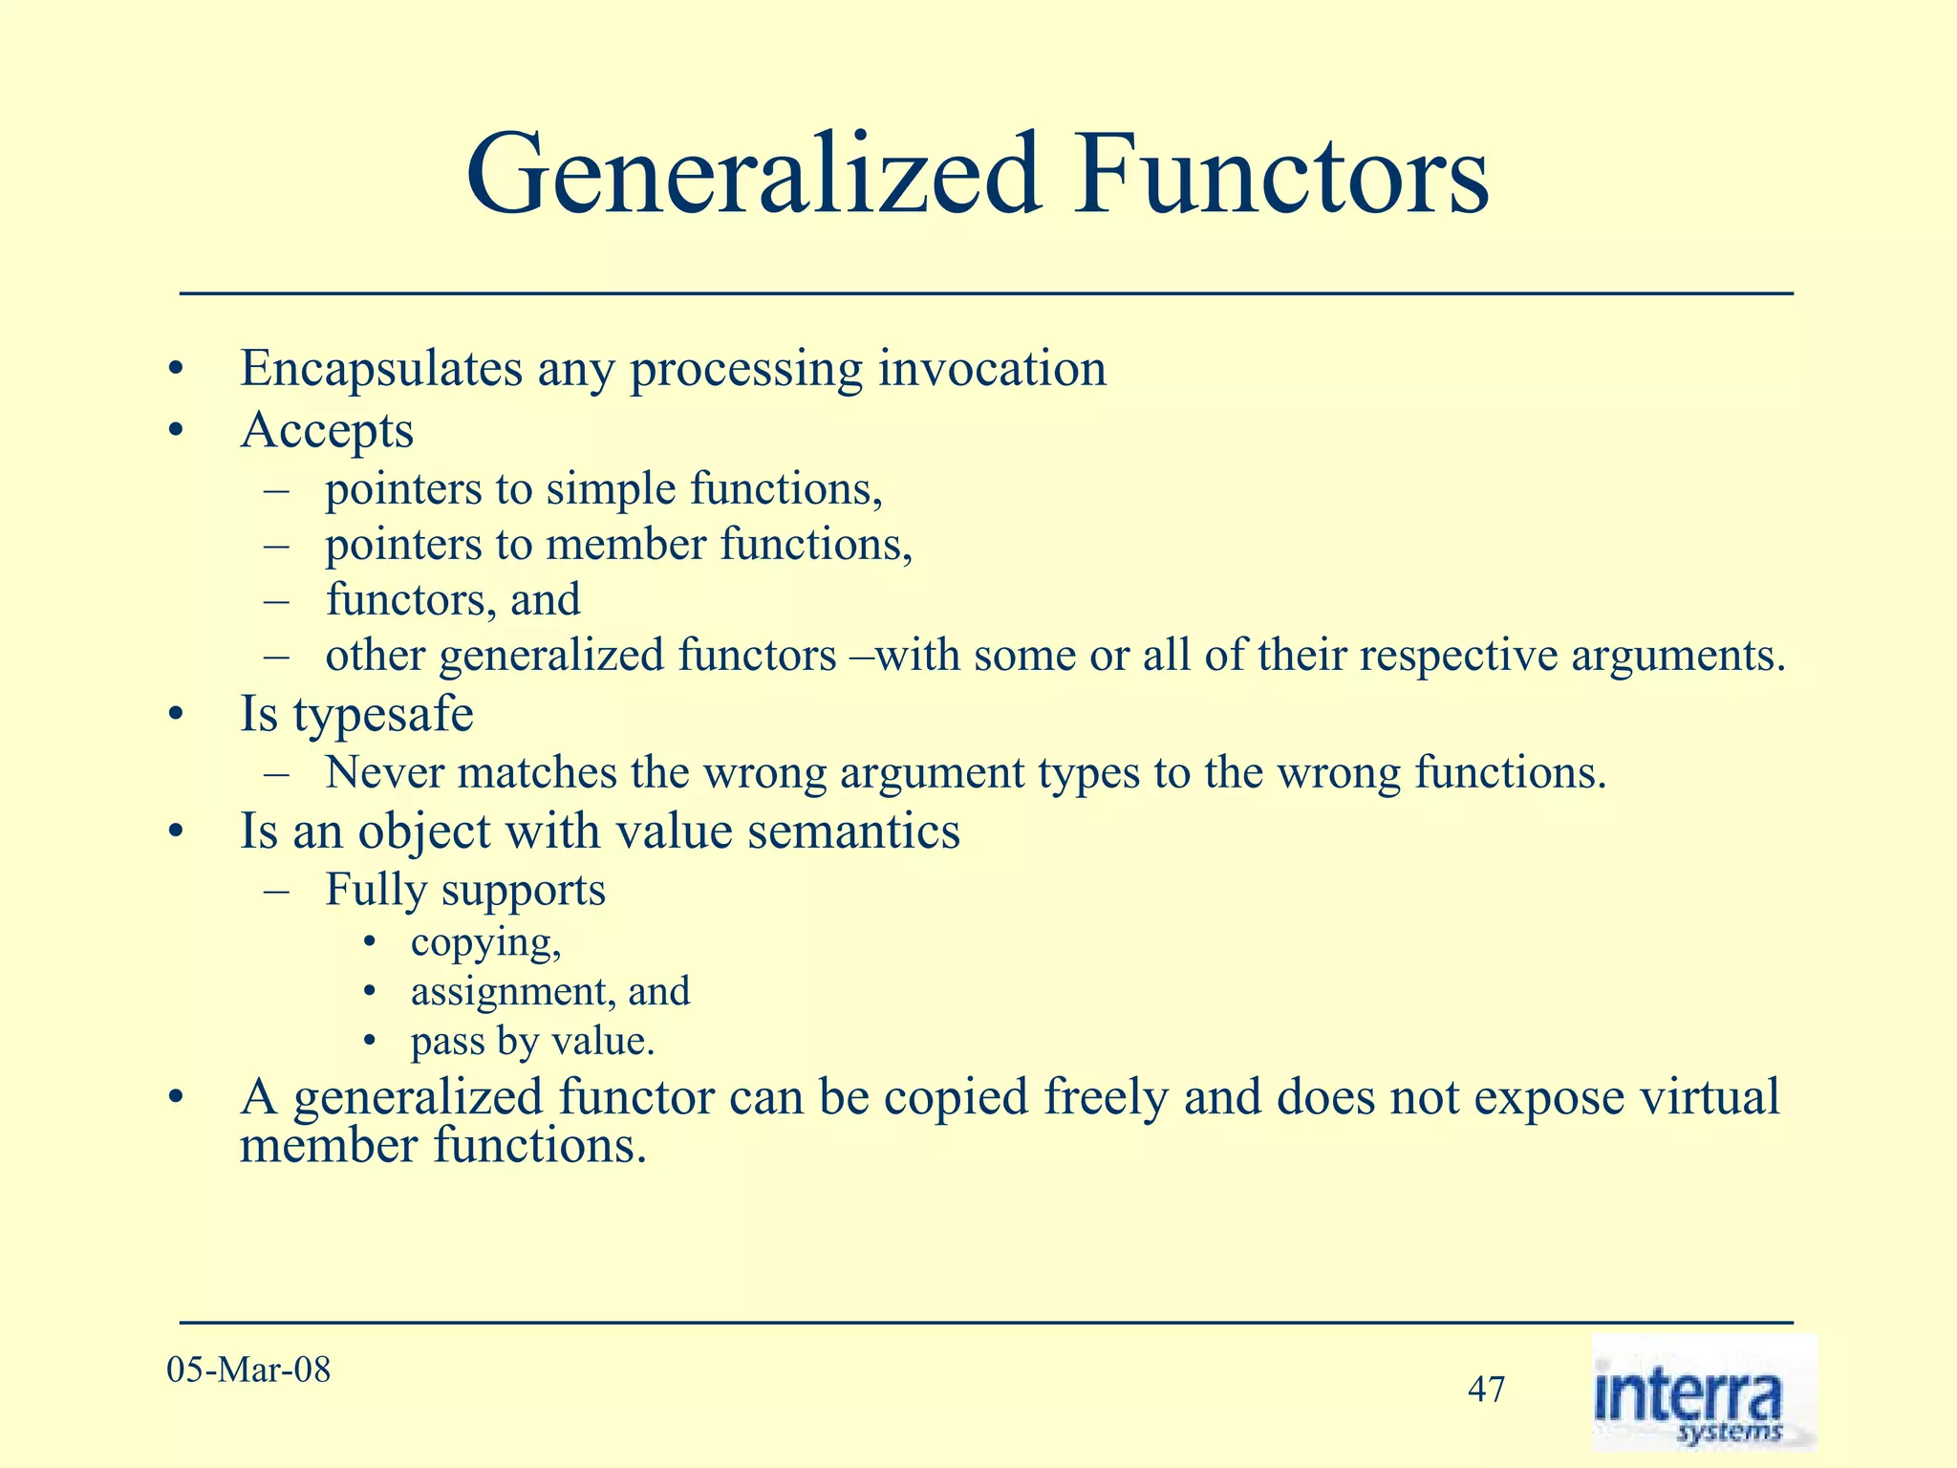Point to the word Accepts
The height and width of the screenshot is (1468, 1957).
[x=327, y=431]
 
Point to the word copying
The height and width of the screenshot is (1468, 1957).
[x=485, y=943]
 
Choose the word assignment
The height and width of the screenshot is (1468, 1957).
[x=512, y=991]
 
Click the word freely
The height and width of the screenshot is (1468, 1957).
[x=1106, y=1097]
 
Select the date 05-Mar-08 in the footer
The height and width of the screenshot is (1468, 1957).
[x=248, y=1371]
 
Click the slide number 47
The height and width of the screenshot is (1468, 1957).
[x=1486, y=1390]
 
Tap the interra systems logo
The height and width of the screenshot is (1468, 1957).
[x=1703, y=1393]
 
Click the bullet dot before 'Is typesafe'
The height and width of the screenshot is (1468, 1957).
[x=173, y=716]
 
